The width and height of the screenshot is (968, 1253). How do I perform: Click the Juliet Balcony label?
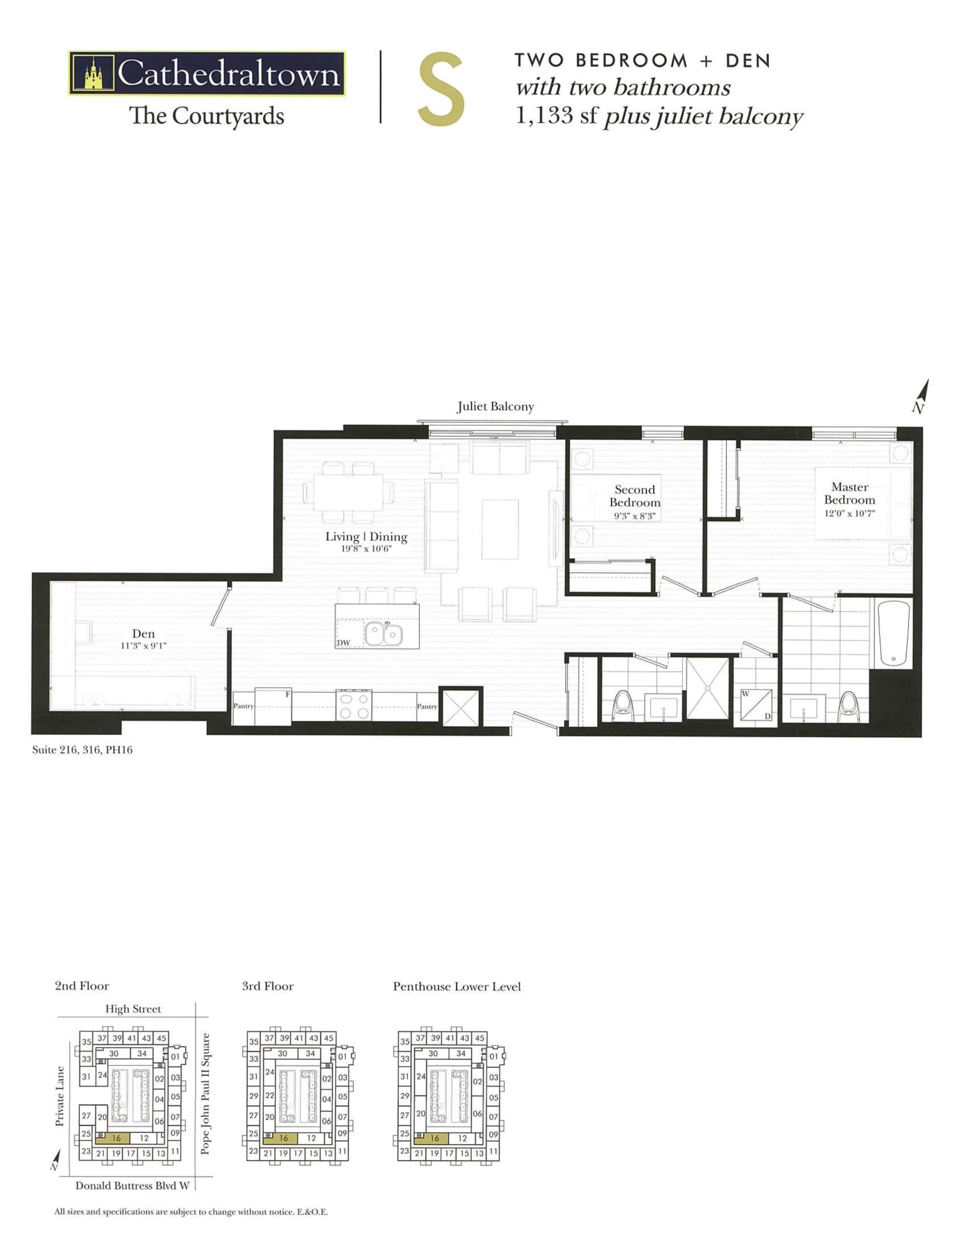tap(495, 407)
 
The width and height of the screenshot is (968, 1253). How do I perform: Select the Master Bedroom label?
tap(849, 493)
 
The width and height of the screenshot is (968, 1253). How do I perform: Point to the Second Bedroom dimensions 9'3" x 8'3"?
tap(635, 516)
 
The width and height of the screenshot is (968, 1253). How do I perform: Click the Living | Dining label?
tap(366, 537)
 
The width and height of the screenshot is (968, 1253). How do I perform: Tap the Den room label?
tap(143, 633)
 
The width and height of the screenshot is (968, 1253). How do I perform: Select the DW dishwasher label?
tap(343, 643)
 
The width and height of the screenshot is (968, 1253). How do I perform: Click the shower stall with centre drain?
tap(707, 688)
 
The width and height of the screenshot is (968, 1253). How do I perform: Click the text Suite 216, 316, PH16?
tap(82, 750)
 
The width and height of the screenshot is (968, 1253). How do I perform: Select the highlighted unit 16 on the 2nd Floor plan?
tap(116, 1137)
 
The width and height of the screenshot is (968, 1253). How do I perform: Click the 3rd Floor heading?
tap(267, 986)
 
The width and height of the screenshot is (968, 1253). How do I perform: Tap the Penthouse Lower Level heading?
tap(457, 986)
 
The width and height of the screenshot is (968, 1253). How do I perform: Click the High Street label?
tap(133, 1009)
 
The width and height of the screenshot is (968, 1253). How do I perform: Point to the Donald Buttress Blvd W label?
tap(132, 1185)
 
